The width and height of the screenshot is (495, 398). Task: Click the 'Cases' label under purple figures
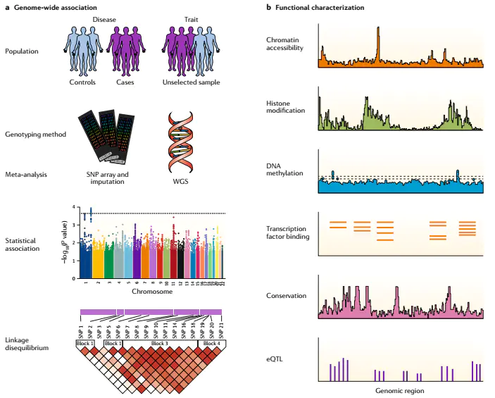(x=127, y=82)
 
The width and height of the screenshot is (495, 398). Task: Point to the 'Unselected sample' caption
(x=190, y=82)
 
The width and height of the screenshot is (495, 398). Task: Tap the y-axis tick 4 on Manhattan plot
(x=74, y=207)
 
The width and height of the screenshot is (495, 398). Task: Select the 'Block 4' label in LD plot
(x=211, y=343)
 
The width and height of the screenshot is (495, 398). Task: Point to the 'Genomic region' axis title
(x=399, y=390)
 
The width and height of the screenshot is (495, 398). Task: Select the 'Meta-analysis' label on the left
(x=25, y=173)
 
